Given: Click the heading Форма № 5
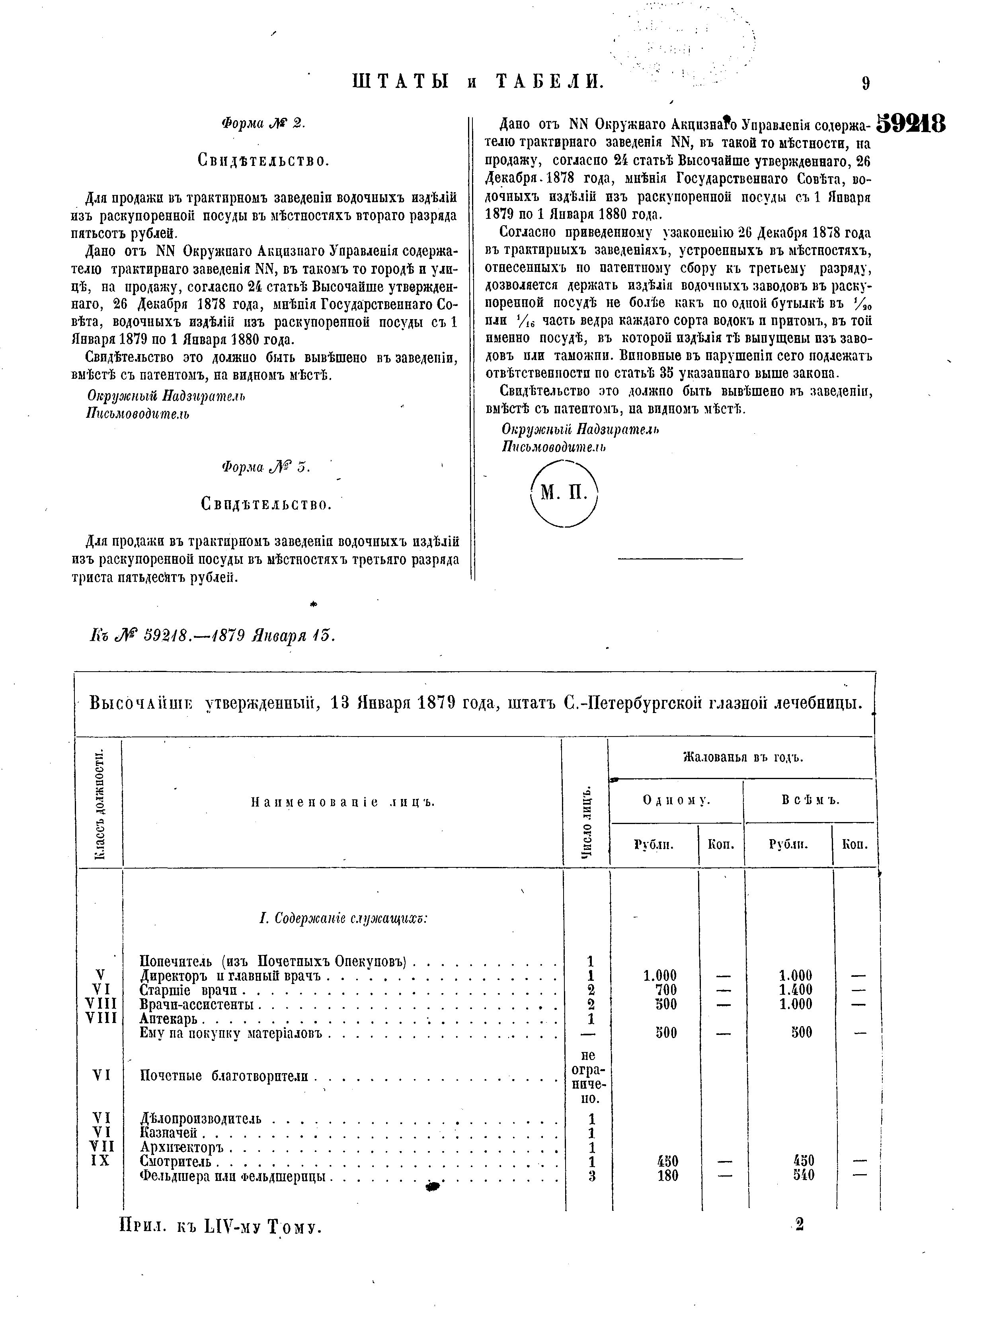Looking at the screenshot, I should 266,468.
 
